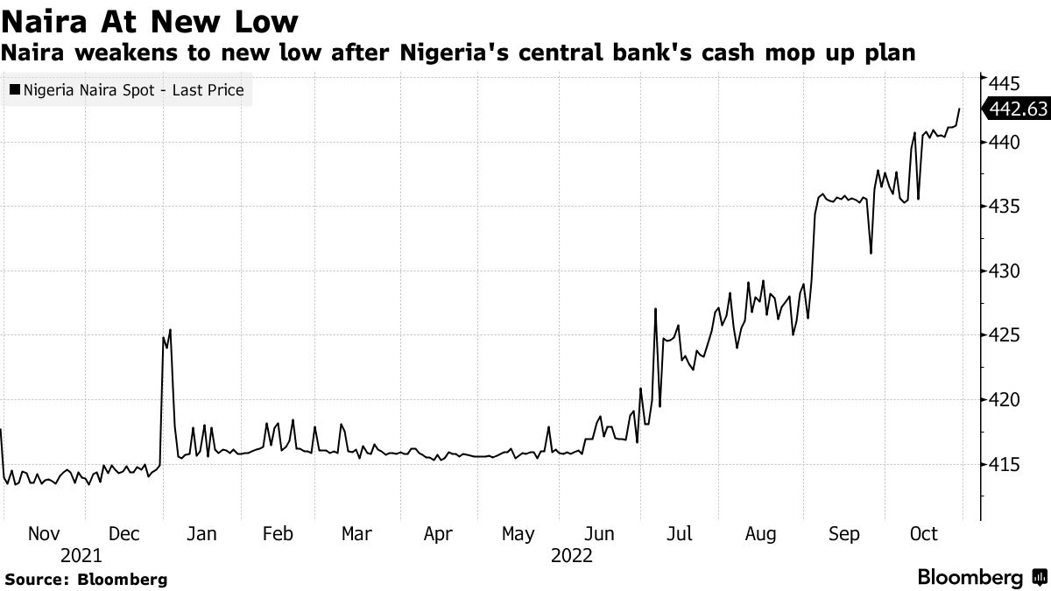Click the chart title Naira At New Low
(149, 21)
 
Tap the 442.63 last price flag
(1016, 109)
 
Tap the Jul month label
(679, 534)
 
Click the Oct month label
(924, 534)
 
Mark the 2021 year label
(81, 556)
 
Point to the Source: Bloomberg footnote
(86, 580)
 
